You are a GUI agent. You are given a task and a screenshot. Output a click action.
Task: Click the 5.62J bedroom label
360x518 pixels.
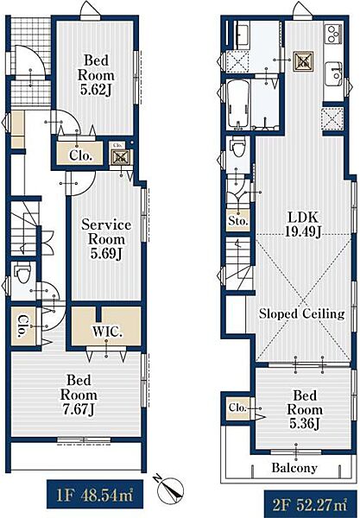click(x=96, y=75)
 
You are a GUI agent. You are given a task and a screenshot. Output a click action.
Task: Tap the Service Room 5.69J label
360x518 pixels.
click(x=106, y=239)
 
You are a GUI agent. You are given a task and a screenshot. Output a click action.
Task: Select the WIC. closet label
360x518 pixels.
click(x=107, y=332)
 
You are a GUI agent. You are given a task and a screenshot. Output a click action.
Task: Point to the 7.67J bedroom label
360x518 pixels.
click(x=79, y=395)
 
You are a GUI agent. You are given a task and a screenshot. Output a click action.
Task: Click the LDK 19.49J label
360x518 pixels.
click(x=303, y=224)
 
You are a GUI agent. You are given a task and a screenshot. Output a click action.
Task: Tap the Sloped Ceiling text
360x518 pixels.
click(x=301, y=313)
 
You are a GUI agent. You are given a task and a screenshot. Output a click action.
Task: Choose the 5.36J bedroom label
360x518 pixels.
click(x=305, y=409)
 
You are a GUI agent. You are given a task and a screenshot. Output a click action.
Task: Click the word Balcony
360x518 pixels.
click(x=294, y=467)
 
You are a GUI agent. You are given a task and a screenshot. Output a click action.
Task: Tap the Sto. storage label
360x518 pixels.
click(x=237, y=220)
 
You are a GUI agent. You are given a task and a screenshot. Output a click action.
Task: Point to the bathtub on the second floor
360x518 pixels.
click(x=239, y=104)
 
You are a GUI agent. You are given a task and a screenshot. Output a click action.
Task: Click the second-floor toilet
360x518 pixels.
click(x=238, y=148)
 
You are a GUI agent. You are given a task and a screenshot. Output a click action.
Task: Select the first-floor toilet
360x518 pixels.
click(x=23, y=273)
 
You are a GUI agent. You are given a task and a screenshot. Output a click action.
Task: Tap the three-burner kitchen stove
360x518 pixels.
click(x=334, y=34)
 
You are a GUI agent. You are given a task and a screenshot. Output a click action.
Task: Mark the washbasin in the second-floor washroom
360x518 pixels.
click(x=242, y=32)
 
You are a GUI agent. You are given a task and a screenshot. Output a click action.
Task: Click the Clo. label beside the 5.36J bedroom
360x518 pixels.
click(x=237, y=408)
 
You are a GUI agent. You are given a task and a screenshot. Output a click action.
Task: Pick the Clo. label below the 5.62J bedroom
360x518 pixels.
click(x=80, y=155)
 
